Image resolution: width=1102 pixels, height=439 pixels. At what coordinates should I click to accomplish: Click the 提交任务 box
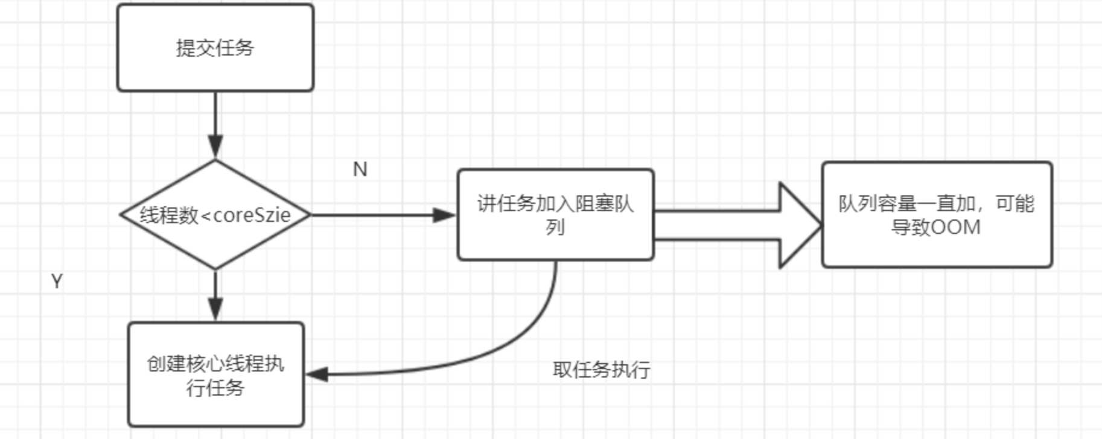point(215,48)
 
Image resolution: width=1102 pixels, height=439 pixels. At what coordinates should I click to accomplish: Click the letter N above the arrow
point(360,169)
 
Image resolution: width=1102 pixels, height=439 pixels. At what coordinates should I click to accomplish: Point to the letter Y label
point(57,281)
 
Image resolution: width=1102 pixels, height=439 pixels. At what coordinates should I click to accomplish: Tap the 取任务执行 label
point(601,370)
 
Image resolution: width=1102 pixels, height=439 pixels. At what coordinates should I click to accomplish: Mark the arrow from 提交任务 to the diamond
point(215,121)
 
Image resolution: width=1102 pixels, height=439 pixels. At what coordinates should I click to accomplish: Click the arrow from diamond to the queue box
point(380,215)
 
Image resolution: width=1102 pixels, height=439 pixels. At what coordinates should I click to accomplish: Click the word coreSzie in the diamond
point(252,215)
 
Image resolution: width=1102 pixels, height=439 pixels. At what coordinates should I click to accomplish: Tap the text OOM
point(956,228)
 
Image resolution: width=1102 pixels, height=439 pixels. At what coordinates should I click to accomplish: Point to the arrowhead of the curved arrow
point(317,374)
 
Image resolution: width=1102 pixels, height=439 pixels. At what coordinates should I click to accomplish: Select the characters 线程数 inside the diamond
point(168,215)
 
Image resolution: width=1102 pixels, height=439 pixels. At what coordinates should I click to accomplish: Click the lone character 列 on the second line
point(555,227)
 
